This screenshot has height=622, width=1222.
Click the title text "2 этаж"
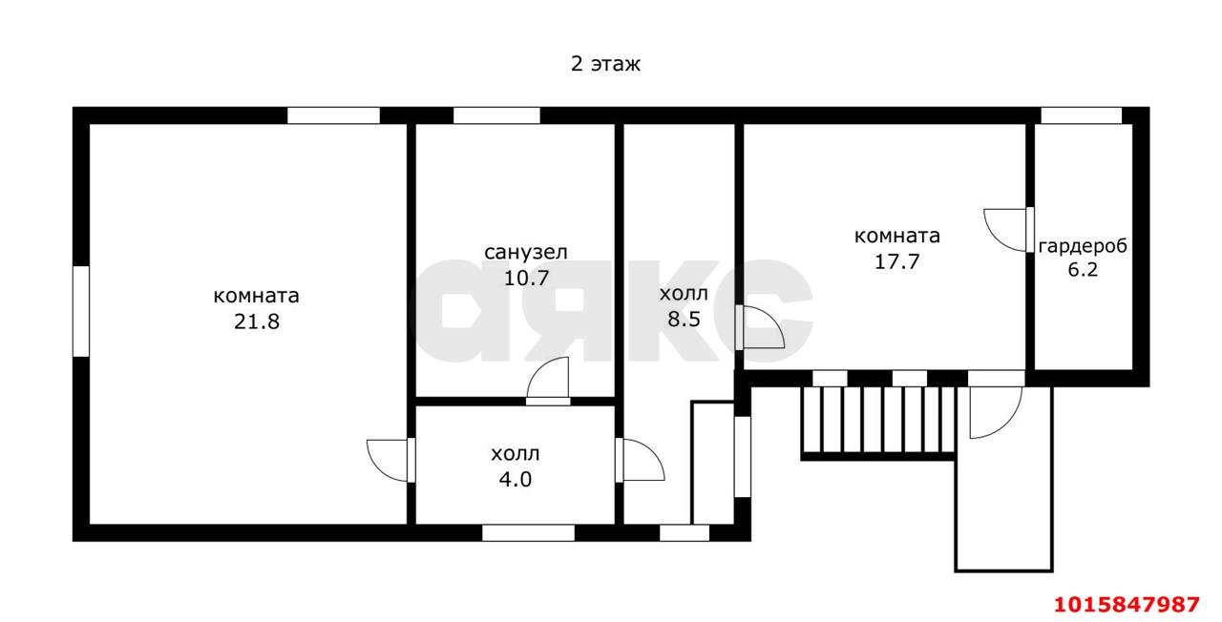[605, 65]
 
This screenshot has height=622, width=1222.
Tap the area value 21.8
[256, 321]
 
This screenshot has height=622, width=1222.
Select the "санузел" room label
[526, 252]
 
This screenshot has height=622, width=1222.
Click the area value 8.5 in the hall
[684, 319]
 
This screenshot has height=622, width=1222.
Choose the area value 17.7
[896, 261]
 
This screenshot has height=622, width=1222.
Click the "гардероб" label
[1083, 245]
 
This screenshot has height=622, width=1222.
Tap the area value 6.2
[1083, 270]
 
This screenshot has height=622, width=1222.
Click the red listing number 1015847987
[1126, 604]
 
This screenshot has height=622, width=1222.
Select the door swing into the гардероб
[1006, 229]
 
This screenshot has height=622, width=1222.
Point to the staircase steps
[878, 420]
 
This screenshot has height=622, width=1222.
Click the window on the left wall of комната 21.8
[81, 311]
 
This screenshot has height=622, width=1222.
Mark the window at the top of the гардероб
[1081, 115]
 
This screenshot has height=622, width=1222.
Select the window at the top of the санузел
[495, 115]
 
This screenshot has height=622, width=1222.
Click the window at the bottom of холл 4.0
[527, 532]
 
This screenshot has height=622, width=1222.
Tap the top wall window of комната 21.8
[333, 115]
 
